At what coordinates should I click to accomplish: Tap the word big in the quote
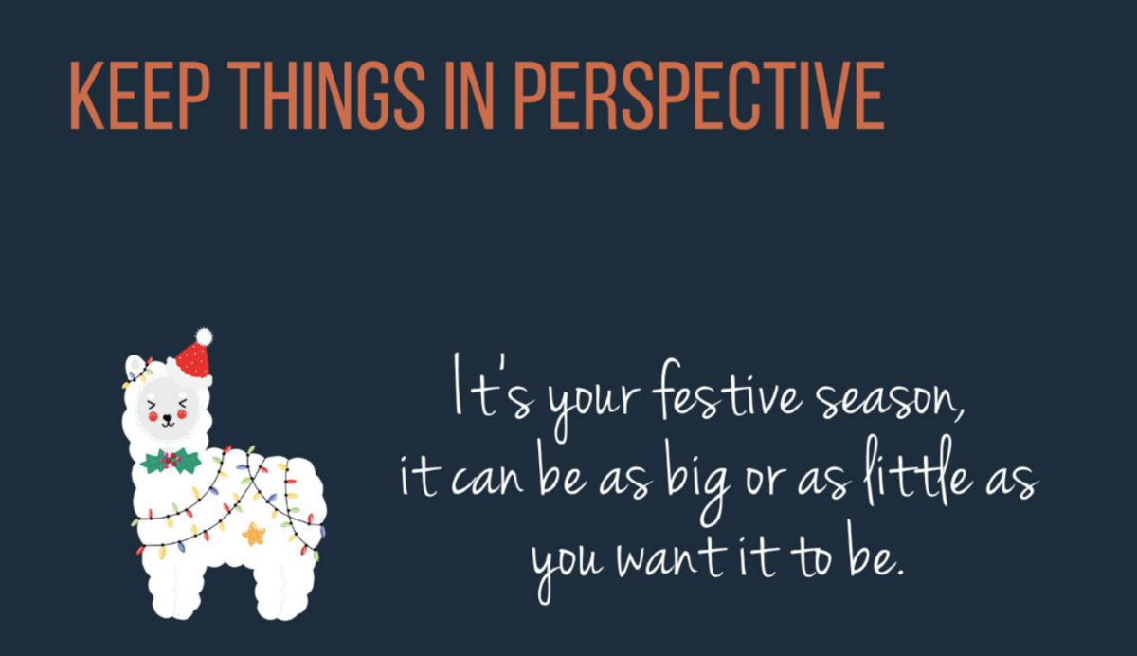tap(698, 486)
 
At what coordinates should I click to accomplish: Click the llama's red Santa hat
tap(194, 359)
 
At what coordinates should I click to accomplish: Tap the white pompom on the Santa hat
tap(204, 337)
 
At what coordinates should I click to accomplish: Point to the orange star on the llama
tap(253, 534)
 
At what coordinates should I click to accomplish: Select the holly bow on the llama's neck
tap(170, 461)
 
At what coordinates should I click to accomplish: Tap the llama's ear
tap(134, 366)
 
